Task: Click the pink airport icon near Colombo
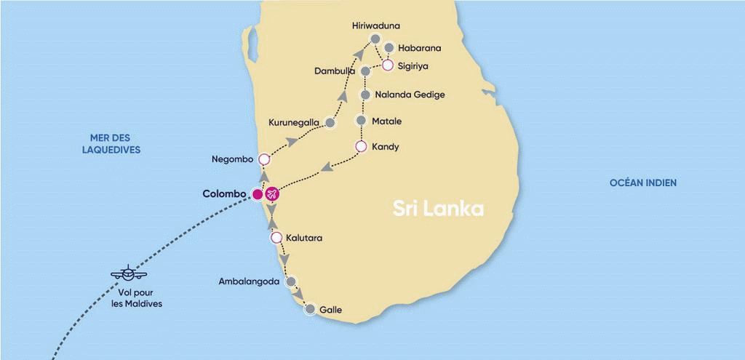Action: coord(272,194)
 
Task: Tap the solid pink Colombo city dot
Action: coord(257,194)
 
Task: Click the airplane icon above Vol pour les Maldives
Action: coord(129,274)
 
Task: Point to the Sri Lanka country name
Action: coord(438,209)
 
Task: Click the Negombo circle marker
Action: coord(264,159)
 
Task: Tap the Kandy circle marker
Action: coord(360,147)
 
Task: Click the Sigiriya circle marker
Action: coord(388,65)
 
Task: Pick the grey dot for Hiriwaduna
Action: coord(375,39)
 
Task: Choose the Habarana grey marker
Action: coord(389,48)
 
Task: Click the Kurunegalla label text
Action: coord(294,122)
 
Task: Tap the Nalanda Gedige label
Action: coord(410,95)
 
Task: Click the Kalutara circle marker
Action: coord(276,238)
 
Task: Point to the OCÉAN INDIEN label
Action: coord(643,183)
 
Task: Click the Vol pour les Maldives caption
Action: coord(137,298)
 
